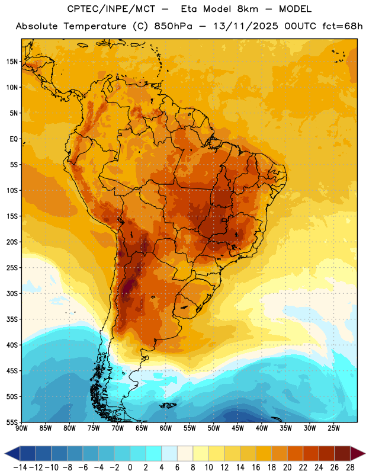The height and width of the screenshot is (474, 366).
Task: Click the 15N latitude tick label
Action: [12, 62]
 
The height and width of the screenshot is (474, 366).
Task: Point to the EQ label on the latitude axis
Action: [14, 139]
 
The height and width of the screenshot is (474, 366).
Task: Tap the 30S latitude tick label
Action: [12, 293]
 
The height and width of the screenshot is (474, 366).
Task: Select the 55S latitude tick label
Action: [12, 422]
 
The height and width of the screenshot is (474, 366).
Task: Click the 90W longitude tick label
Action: [21, 428]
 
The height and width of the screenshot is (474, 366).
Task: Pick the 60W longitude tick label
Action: [166, 428]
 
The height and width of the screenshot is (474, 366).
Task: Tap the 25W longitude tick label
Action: [333, 428]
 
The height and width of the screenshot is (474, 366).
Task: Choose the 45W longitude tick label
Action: [237, 428]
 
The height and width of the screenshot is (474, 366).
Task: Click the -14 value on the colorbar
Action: [20, 467]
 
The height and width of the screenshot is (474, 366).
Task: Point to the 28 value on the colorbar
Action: [350, 467]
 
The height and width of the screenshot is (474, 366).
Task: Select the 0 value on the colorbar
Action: [130, 467]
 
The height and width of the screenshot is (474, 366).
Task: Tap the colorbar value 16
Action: [256, 467]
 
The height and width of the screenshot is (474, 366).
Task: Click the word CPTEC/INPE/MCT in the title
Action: [111, 9]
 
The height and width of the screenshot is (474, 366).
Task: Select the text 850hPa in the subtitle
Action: [173, 26]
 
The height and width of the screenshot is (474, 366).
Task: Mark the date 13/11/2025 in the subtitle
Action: [245, 26]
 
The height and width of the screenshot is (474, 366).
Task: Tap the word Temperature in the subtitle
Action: [95, 27]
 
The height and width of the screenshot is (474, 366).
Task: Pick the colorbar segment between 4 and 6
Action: [169, 454]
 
